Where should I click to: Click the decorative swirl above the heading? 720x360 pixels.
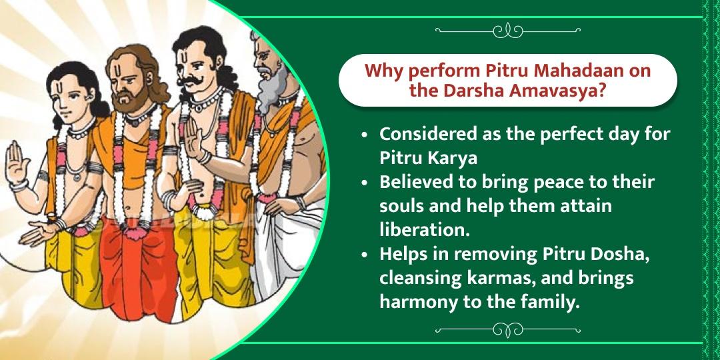(x=509, y=30)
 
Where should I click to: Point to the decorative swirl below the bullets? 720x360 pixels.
(x=509, y=331)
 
